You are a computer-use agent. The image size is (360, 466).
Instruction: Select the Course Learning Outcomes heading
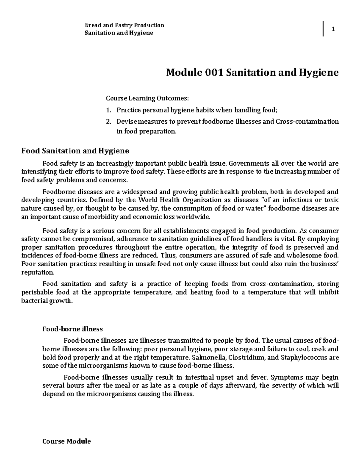[147, 98]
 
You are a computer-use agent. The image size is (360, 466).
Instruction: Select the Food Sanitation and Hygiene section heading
[75, 150]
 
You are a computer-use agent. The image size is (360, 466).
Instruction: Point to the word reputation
[38, 272]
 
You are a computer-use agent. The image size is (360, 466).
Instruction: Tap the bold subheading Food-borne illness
[72, 329]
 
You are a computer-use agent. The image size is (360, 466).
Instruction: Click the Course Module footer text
[67, 441]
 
